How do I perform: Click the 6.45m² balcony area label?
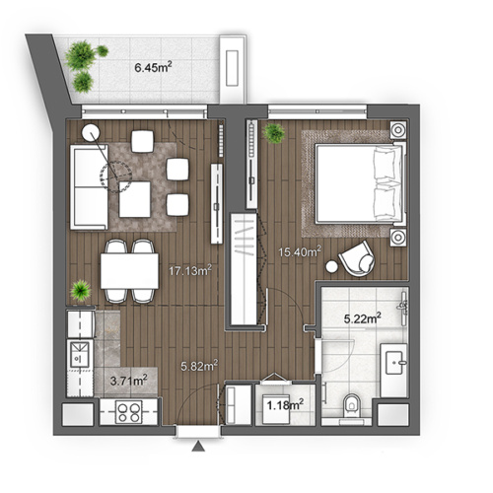[155, 68]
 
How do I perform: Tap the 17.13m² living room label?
[189, 267]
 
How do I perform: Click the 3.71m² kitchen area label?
[128, 377]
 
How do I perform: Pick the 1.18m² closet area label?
[282, 401]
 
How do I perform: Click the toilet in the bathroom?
[352, 405]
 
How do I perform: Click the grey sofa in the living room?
[86, 184]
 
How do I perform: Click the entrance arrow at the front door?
[198, 450]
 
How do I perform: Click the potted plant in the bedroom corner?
[273, 132]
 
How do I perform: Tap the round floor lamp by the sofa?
[91, 133]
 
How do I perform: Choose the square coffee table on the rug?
[138, 201]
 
